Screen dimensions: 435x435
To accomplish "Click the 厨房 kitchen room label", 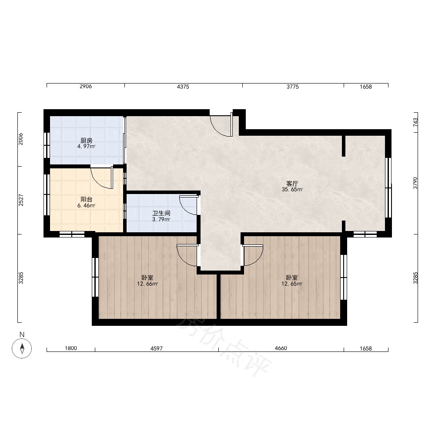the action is [86, 141].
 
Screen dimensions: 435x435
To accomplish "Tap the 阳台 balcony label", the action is [86, 199].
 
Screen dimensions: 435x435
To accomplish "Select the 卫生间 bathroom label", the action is [161, 213].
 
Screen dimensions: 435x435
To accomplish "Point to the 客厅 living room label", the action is [292, 184].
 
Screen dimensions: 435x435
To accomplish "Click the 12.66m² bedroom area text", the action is [147, 284].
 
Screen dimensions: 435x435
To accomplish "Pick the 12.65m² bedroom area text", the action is [292, 284].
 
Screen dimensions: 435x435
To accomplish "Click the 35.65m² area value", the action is [292, 190].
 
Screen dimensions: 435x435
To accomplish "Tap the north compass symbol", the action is [22, 348].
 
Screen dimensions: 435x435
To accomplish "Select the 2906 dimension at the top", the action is [86, 86].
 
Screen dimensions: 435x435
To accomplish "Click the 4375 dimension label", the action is [183, 87].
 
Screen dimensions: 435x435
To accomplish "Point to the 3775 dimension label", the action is [293, 87].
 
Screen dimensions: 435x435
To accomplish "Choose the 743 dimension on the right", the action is [415, 122].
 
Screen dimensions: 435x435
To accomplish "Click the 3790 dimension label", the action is [415, 183].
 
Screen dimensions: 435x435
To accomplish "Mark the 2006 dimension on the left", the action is [21, 139].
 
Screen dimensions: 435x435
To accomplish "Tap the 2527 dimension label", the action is [21, 200].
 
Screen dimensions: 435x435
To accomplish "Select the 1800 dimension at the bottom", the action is [71, 348].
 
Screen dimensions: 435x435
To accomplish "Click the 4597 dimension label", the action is [157, 348].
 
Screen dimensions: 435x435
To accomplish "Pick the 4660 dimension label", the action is [281, 348].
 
